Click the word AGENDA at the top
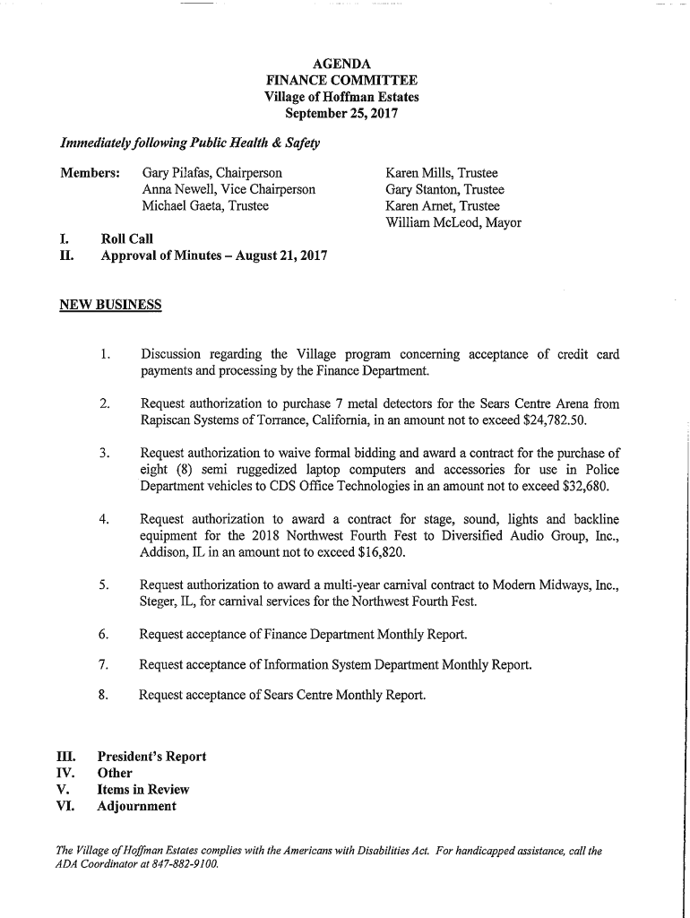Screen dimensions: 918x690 coord(341,65)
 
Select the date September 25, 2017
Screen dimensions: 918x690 coord(341,114)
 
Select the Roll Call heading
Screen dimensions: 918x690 coord(127,239)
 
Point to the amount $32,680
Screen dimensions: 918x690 coord(587,486)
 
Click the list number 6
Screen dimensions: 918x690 coord(104,635)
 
